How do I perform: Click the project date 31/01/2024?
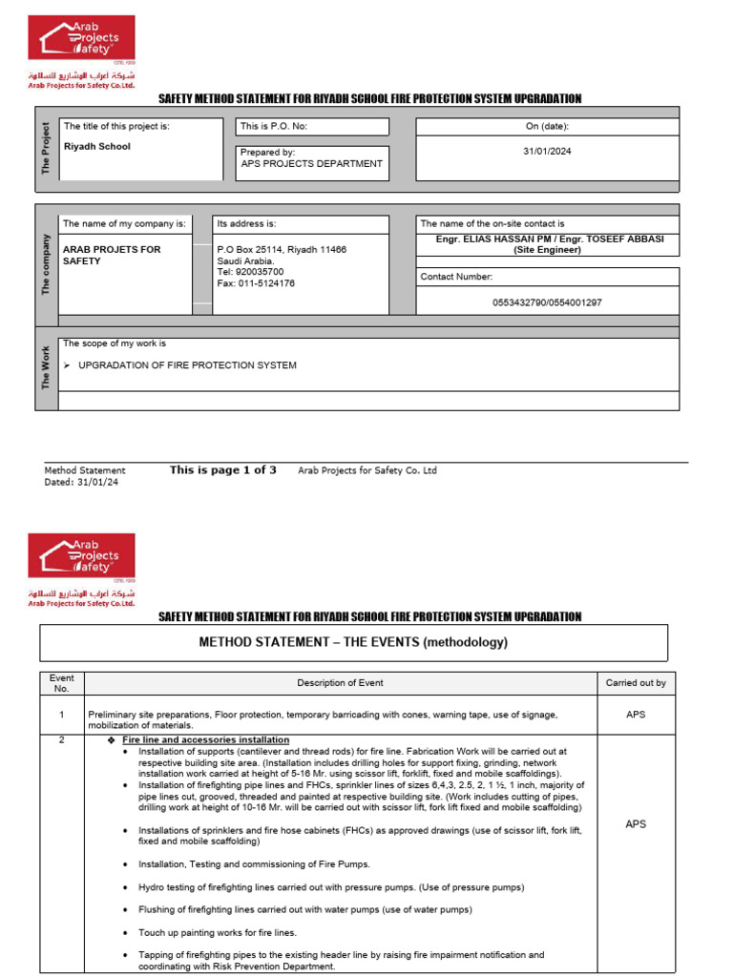click(548, 151)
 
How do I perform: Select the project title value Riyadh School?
click(96, 147)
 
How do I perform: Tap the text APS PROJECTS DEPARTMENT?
click(312, 163)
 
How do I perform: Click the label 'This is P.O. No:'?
click(274, 126)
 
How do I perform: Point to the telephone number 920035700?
click(250, 272)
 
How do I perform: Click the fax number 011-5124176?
click(256, 283)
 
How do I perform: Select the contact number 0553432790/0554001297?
click(547, 302)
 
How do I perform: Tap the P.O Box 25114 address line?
click(282, 249)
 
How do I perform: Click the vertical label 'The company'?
click(46, 264)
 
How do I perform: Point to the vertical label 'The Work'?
click(46, 367)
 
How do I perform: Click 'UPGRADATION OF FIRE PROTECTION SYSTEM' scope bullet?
click(187, 365)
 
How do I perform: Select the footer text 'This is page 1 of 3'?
click(223, 469)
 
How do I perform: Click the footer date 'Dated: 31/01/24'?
click(82, 482)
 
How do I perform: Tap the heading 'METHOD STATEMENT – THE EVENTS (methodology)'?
click(353, 642)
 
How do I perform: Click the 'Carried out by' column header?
click(636, 683)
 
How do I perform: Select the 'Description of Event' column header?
click(340, 683)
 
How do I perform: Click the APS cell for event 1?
click(636, 715)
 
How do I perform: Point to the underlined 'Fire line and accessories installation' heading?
click(206, 739)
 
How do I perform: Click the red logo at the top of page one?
click(81, 38)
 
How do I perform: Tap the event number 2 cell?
click(61, 740)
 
